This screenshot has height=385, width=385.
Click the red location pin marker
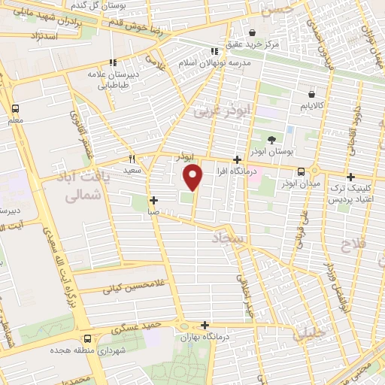click(x=194, y=177)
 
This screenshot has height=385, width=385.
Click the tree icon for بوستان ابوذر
click(x=271, y=139)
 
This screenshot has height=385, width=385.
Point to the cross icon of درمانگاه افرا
click(x=238, y=159)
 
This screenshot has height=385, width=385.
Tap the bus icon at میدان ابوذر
click(x=301, y=171)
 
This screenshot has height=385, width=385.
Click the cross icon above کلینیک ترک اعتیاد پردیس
click(x=350, y=177)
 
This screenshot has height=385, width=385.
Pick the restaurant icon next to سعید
click(x=132, y=159)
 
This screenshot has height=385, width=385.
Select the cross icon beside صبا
click(x=153, y=200)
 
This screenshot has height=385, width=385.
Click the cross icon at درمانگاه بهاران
click(x=205, y=325)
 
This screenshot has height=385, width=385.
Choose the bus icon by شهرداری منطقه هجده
click(x=88, y=338)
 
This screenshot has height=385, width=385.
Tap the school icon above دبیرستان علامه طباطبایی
click(x=112, y=62)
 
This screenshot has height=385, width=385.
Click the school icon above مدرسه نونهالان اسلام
click(x=214, y=51)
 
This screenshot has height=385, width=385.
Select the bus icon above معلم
click(x=15, y=108)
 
